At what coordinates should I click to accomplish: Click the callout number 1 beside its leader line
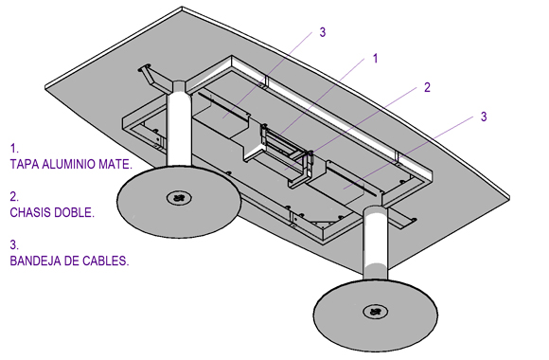(x=376, y=58)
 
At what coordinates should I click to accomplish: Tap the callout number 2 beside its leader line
(x=427, y=87)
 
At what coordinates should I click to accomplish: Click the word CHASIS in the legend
(x=29, y=212)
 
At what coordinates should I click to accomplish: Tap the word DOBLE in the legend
(x=74, y=212)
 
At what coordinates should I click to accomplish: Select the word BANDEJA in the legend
(x=33, y=261)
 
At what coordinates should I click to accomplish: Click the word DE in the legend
(x=69, y=261)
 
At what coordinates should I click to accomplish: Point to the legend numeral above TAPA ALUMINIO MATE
(x=13, y=149)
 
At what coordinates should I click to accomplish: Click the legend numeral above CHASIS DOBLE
(x=14, y=197)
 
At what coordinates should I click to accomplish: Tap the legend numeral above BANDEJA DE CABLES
(x=14, y=245)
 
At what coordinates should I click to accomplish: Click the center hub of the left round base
(x=179, y=198)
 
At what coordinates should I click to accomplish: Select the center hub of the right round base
(x=375, y=312)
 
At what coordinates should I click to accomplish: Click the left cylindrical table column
(x=179, y=124)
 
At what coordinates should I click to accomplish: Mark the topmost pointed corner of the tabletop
(x=182, y=7)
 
